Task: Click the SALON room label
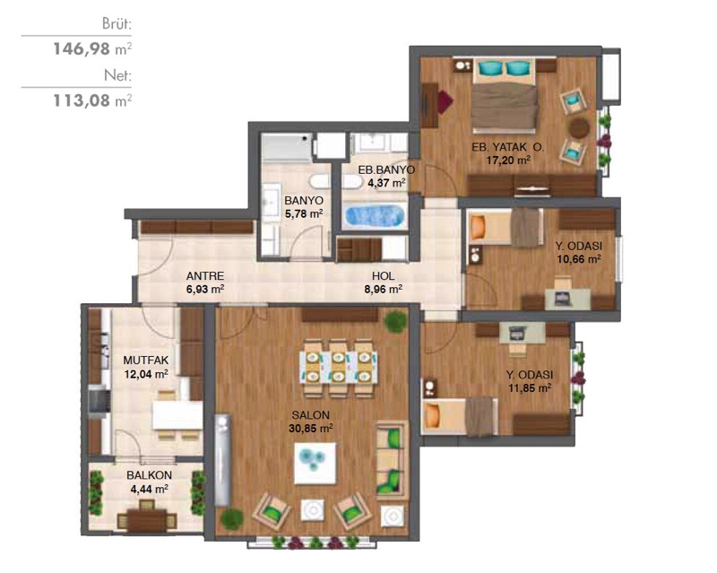(x=310, y=415)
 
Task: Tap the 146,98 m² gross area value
(x=92, y=48)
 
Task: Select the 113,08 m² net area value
(x=92, y=100)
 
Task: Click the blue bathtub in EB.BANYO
(x=375, y=216)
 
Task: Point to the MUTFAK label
(x=146, y=360)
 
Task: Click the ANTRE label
(x=205, y=276)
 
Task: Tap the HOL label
(x=384, y=276)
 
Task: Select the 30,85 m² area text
(x=310, y=429)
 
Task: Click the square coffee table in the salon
(x=315, y=464)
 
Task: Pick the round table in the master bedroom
(x=579, y=127)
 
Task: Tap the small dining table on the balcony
(x=147, y=520)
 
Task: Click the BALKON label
(x=150, y=475)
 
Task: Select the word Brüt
(x=117, y=24)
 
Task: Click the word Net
(x=118, y=75)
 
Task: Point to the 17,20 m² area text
(x=508, y=161)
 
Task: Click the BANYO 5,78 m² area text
(x=304, y=213)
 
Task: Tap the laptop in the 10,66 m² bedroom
(x=564, y=298)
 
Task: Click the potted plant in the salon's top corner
(x=395, y=321)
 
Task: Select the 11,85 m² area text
(x=530, y=388)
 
